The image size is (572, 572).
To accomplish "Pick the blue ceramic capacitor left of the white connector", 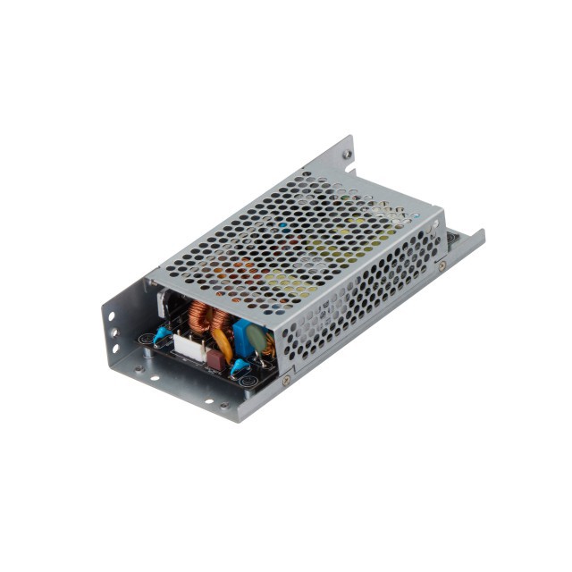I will [162, 335].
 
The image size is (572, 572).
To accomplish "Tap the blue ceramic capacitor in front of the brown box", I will [238, 366].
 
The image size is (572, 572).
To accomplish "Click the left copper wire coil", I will [198, 317].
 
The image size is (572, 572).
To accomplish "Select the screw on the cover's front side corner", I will [286, 380].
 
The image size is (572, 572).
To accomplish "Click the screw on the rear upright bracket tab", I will [347, 154].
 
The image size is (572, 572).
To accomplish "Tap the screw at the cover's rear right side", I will [442, 265].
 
